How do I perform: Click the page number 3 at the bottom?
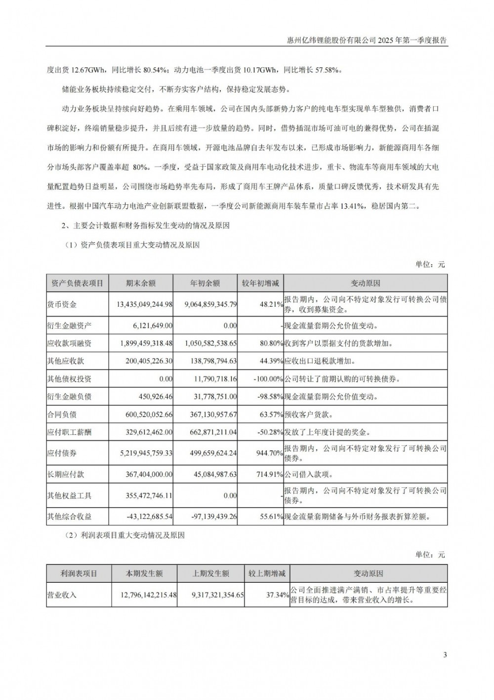coord(445,655)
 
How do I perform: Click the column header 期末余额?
coord(141,283)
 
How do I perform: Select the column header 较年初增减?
coord(260,283)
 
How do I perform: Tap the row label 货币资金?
coord(62,305)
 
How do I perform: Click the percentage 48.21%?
coord(271,305)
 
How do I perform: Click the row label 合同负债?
coord(62,415)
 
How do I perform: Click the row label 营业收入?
coord(62,595)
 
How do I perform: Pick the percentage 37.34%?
coord(277,595)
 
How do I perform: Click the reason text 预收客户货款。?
coord(310,415)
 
